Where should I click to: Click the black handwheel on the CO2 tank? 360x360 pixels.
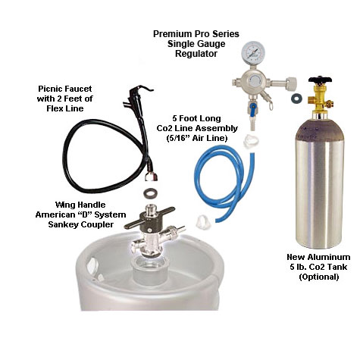coord(320,80)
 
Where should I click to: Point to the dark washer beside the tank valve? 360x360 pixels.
coord(296,99)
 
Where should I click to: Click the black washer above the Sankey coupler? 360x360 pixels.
coord(151,193)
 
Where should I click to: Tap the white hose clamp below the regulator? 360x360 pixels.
coord(251,141)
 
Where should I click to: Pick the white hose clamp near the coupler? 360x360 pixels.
coord(204,221)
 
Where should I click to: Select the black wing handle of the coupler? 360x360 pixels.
coord(150,217)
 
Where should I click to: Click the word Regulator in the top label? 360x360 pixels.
coord(196,54)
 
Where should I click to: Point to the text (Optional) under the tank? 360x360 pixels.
coord(318,277)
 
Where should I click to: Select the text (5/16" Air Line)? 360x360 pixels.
coord(197,138)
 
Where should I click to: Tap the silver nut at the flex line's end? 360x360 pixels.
coord(151,177)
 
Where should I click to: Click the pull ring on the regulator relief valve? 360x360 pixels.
coord(271,105)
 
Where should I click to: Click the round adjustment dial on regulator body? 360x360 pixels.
coord(255,81)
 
